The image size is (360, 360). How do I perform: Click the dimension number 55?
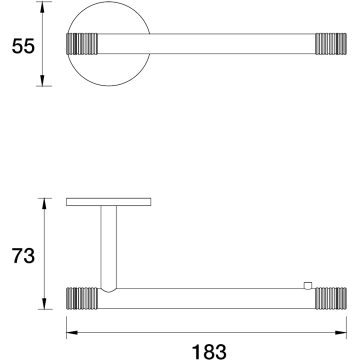click(23, 46)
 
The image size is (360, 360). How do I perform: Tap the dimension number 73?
click(23, 256)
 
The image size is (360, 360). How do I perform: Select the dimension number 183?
click(209, 352)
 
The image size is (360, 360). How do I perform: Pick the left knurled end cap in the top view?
click(82, 44)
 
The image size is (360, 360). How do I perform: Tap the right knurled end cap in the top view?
click(331, 44)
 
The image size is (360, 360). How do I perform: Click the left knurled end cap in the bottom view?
click(82, 298)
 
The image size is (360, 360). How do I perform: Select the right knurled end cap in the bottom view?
click(331, 298)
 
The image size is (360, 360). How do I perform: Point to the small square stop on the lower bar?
click(308, 286)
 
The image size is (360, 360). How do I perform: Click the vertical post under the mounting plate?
click(109, 247)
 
